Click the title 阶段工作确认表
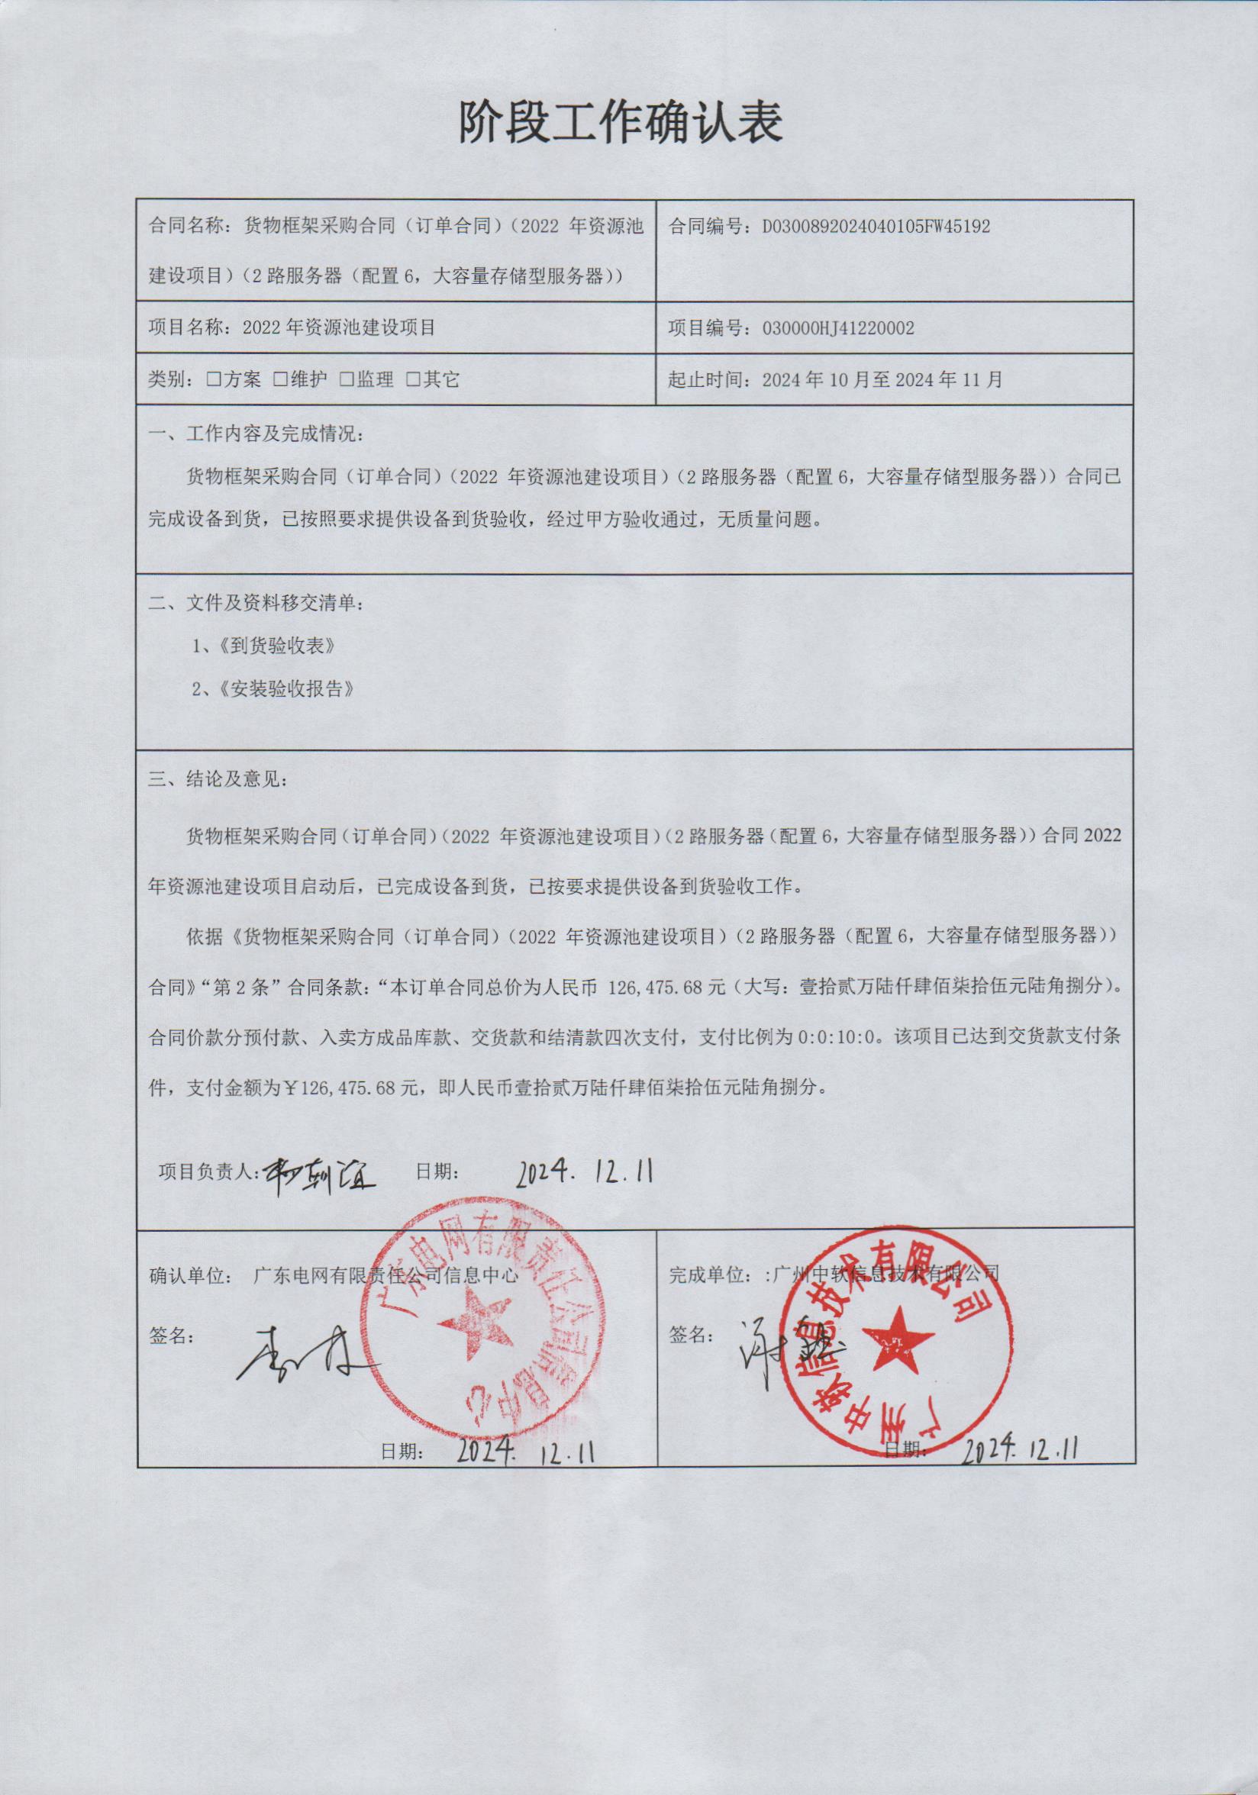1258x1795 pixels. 620,123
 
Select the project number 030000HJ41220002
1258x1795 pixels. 837,327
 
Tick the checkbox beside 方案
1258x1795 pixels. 213,380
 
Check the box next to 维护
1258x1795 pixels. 279,380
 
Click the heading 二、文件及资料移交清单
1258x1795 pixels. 256,603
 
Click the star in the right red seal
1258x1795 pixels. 898,1336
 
